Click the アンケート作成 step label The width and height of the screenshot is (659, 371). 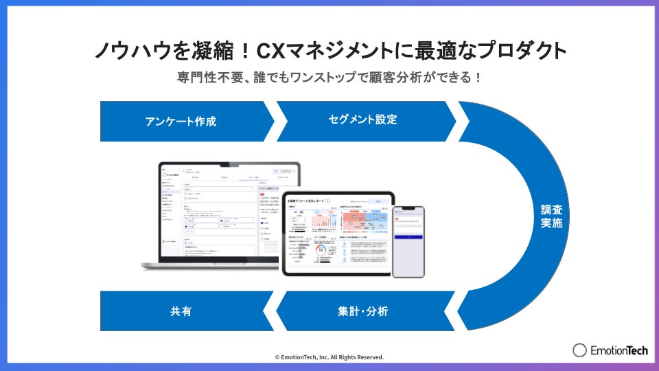181,122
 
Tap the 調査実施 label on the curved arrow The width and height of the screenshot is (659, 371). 551,215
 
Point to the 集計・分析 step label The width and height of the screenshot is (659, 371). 363,311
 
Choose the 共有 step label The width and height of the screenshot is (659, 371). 181,311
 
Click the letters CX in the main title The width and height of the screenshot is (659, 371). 273,51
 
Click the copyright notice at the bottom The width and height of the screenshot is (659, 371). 329,357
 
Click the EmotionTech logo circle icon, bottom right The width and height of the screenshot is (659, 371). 579,350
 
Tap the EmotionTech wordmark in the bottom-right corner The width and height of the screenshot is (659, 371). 619,350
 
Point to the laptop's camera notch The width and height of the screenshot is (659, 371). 229,164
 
